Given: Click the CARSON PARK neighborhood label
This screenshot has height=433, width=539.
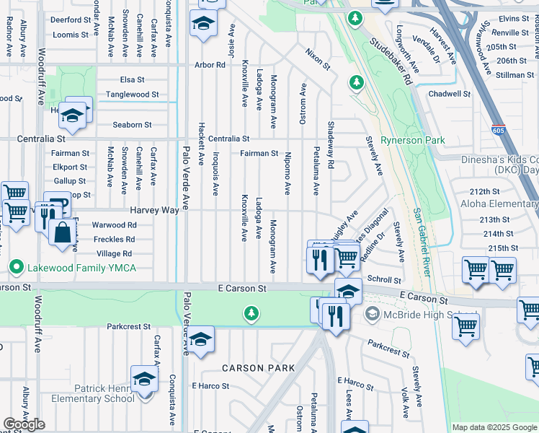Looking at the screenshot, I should pyautogui.click(x=258, y=368).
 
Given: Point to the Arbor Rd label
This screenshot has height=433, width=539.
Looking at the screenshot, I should pyautogui.click(x=210, y=65).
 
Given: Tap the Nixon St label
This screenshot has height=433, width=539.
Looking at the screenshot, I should pyautogui.click(x=317, y=59).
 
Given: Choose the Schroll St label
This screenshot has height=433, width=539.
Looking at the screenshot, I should pyautogui.click(x=383, y=279).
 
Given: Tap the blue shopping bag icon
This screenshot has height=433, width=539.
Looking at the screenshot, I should pyautogui.click(x=63, y=232).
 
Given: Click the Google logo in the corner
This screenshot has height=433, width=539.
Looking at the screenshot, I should pyautogui.click(x=24, y=424).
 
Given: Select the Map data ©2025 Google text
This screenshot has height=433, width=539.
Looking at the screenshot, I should pyautogui.click(x=494, y=427).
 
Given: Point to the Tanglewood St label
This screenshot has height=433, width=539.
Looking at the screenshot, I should pyautogui.click(x=133, y=95).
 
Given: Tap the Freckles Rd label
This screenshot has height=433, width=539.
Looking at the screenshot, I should pyautogui.click(x=114, y=239).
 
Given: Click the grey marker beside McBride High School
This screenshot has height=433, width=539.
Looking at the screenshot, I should pyautogui.click(x=372, y=313).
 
